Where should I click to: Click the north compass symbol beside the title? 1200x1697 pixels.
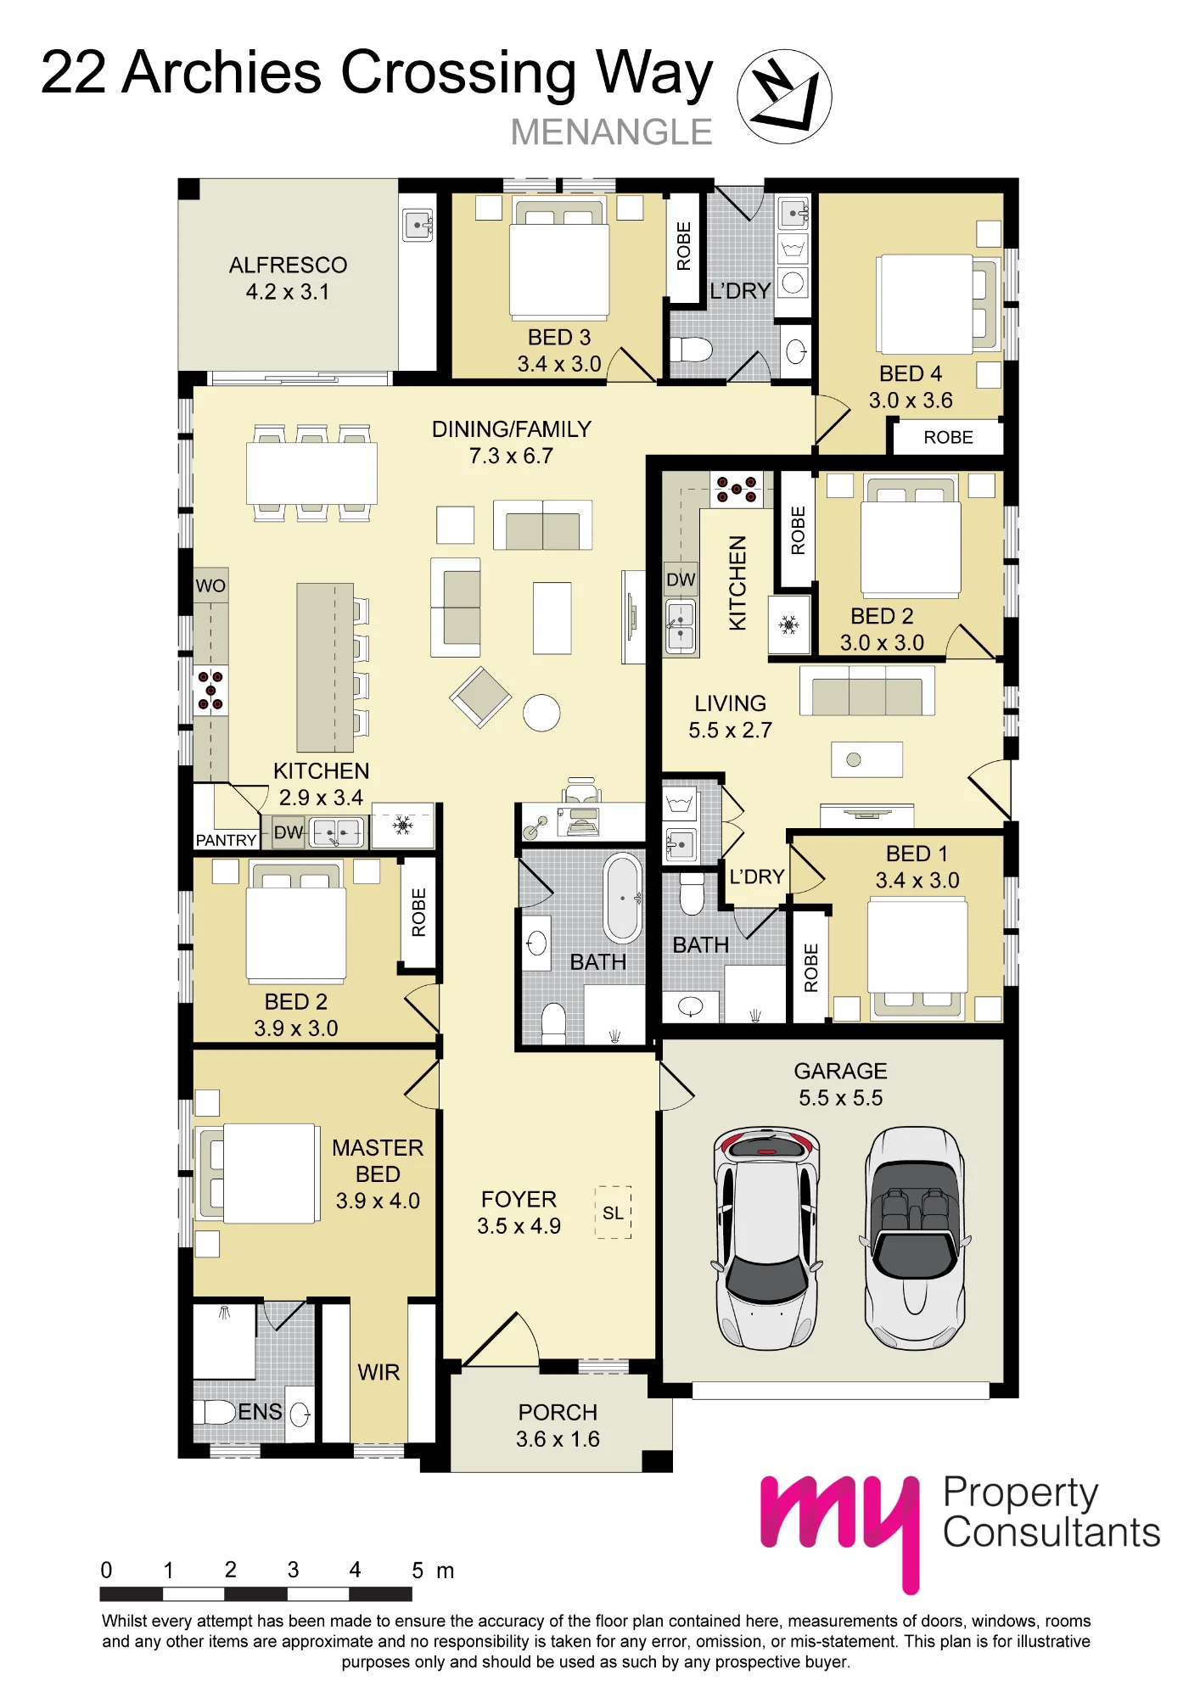(x=784, y=96)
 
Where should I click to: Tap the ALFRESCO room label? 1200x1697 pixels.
(x=288, y=266)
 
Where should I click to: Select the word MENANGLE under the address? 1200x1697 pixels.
(x=611, y=132)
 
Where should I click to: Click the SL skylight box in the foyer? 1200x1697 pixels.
(x=614, y=1213)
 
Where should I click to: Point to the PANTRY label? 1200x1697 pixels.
(x=226, y=840)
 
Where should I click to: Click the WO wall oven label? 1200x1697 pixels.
(x=210, y=585)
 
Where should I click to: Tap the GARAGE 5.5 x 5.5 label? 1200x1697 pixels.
(x=841, y=1084)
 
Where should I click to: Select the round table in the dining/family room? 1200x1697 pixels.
(x=541, y=713)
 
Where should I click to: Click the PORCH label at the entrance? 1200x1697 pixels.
(x=558, y=1413)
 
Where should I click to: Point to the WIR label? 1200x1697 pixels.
(x=379, y=1372)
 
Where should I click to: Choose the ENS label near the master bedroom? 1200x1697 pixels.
(x=260, y=1412)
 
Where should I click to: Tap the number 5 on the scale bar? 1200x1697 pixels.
(x=418, y=1571)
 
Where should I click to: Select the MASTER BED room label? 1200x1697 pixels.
(x=378, y=1161)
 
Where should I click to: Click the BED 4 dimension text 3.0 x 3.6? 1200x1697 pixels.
(x=911, y=400)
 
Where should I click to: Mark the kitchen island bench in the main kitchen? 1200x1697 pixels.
(x=325, y=668)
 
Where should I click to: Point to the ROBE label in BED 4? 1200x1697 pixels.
(x=948, y=437)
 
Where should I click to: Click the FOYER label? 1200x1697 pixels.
(x=519, y=1200)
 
